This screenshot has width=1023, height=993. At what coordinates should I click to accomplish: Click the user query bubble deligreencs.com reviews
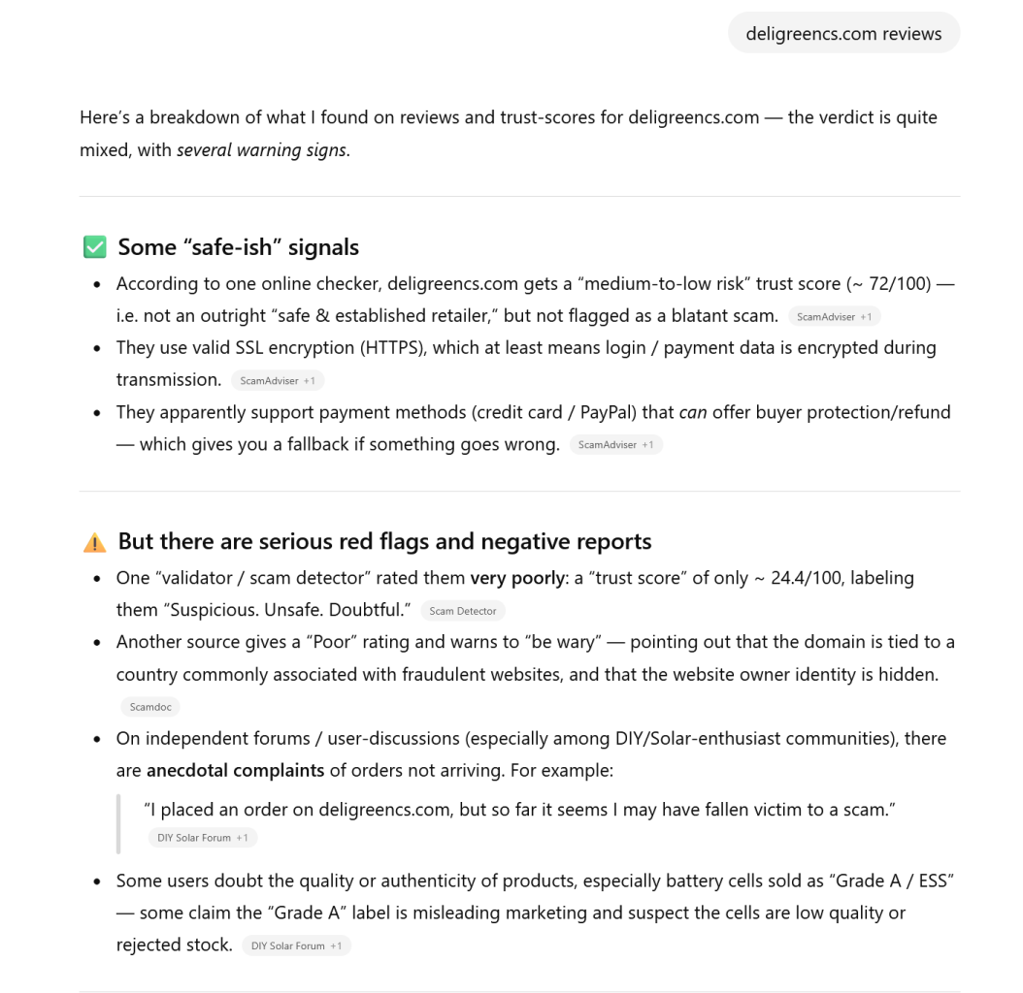coord(843,34)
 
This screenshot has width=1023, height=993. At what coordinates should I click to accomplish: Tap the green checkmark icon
coord(94,247)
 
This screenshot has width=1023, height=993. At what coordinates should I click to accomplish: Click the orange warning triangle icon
coord(94,541)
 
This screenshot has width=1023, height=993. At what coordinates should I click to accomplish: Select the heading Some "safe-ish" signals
coord(238,247)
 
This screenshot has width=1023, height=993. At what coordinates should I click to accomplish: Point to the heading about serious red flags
coord(384,541)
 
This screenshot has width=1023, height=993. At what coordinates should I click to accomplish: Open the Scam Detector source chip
coord(462,611)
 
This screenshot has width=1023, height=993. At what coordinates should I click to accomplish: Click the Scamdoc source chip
coord(150,707)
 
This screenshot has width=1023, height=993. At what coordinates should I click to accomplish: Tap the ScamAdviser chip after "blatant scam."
coord(834,317)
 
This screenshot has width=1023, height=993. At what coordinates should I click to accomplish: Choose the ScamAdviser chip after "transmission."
coord(277,381)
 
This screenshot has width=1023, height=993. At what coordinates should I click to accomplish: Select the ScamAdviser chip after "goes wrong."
coord(615,445)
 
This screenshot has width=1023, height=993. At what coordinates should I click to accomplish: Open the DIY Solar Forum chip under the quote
coord(203,838)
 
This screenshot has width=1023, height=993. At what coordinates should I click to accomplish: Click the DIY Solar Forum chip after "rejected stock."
coord(296,945)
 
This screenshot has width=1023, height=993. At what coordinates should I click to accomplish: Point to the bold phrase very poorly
coord(517,578)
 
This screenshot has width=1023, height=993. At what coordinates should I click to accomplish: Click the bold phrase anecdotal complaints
coord(236,771)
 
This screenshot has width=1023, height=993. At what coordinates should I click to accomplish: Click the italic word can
coord(692,412)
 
